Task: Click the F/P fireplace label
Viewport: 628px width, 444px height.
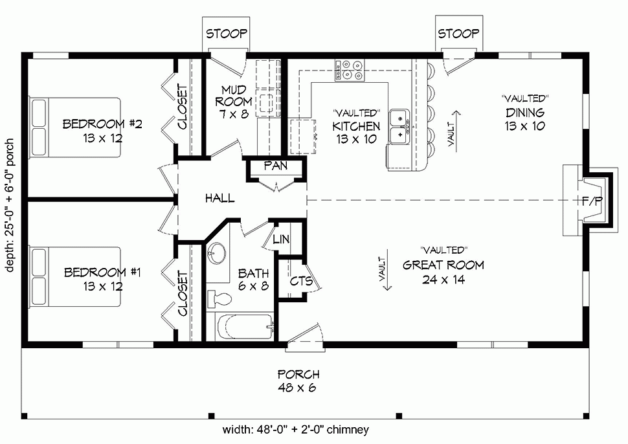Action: pyautogui.click(x=592, y=201)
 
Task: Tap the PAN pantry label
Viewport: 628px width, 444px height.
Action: pyautogui.click(x=275, y=166)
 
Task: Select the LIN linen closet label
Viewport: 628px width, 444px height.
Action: pyautogui.click(x=281, y=239)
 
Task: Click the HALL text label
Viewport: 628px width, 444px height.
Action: pyautogui.click(x=219, y=198)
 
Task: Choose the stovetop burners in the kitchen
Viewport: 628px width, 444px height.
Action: pyautogui.click(x=350, y=70)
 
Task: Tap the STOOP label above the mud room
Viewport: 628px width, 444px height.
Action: pyautogui.click(x=227, y=34)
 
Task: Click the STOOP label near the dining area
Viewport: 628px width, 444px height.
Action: pyautogui.click(x=458, y=34)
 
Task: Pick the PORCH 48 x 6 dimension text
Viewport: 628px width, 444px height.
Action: pyautogui.click(x=298, y=381)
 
